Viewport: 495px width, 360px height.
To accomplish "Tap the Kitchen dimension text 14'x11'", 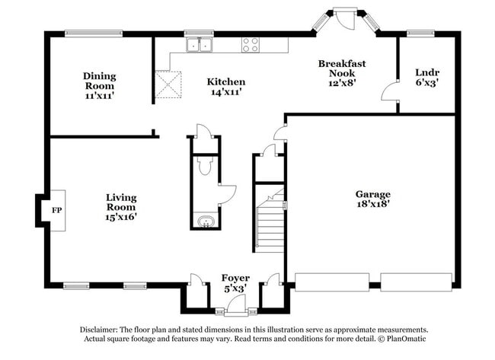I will (x=226, y=92).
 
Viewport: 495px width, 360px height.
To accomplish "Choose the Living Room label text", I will (x=121, y=202).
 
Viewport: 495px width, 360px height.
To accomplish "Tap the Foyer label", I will (x=235, y=278).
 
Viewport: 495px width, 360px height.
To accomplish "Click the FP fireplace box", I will (x=56, y=209).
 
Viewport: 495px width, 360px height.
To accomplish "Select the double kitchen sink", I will (x=201, y=46).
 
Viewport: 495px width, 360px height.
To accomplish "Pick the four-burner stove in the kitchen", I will (x=251, y=45).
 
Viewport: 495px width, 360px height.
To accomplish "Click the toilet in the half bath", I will (x=204, y=166).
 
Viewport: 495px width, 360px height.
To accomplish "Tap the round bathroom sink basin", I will (x=204, y=222).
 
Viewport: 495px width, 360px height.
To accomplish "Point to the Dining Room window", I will (x=92, y=33).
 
